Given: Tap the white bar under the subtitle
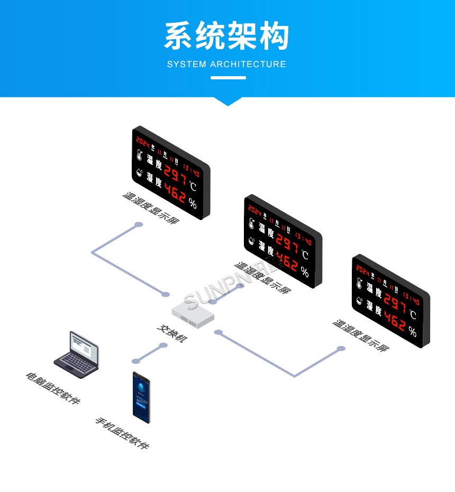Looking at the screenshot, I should coord(228,78).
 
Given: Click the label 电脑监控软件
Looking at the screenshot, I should coord(53,388).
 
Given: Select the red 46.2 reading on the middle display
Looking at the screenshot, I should coord(286,259).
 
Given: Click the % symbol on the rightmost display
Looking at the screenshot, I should coord(412,332).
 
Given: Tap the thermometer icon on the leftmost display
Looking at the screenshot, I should coord(138,156).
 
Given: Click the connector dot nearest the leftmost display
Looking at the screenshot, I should coord(139,225).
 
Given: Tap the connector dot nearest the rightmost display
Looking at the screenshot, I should coord(341,349).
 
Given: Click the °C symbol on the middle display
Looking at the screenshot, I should coord(305,255).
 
